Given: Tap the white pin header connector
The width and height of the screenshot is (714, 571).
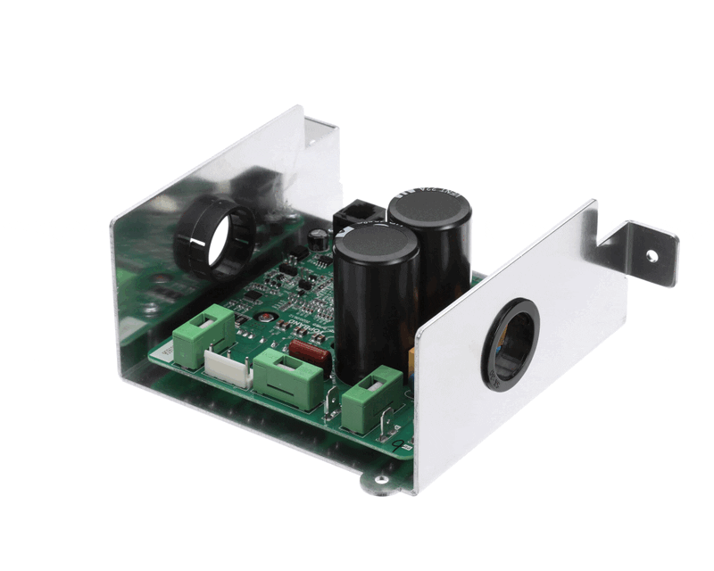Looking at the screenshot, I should point(228,367).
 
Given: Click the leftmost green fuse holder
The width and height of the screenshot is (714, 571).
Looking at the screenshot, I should point(196,337).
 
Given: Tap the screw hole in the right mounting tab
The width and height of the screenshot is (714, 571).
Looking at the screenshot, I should point(652,256).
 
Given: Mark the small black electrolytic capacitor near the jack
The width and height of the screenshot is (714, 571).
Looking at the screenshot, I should point(319,238).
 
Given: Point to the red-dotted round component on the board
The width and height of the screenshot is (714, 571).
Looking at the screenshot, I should point(264,316).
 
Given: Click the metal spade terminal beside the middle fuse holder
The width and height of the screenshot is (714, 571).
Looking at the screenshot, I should point(331,404).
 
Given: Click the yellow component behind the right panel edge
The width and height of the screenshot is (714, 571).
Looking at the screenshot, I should point(411,358).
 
